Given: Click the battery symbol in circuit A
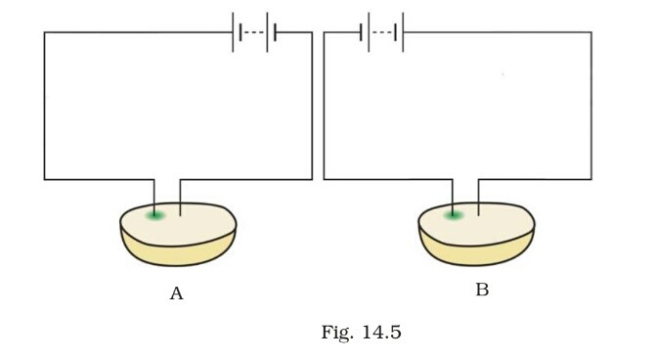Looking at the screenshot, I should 254,33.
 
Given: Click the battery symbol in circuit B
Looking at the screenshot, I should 382,33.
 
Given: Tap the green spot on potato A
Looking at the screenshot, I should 154,215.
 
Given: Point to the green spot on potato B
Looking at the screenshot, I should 453,215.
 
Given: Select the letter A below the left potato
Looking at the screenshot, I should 176,293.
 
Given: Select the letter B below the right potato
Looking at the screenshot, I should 481,291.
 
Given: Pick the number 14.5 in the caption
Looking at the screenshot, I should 380,334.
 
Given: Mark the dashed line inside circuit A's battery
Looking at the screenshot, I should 254,33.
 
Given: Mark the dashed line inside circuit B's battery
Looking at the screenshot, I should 382,33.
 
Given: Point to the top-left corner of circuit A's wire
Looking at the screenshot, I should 44,33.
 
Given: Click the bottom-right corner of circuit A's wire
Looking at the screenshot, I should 312,179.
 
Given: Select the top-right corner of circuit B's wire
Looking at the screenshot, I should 590,33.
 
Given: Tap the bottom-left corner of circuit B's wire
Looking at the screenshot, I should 324,179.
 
